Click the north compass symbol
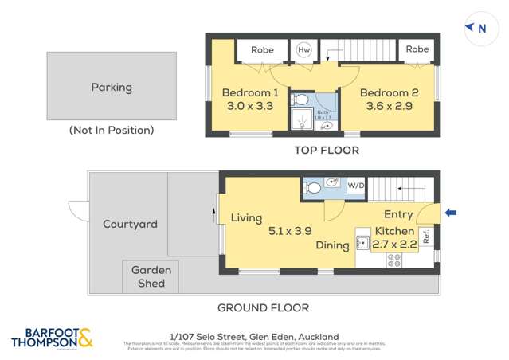point(476,29)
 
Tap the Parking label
point(111,88)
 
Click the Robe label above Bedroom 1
point(262,50)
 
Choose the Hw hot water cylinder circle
point(303,49)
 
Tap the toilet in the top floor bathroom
point(300,100)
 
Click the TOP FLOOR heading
point(327,150)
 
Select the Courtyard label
point(130,225)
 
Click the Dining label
point(332,245)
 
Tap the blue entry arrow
point(451,213)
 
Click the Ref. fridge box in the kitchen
point(426,237)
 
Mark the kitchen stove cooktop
point(393,260)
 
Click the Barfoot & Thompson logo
point(53,338)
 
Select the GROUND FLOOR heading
point(263,307)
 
